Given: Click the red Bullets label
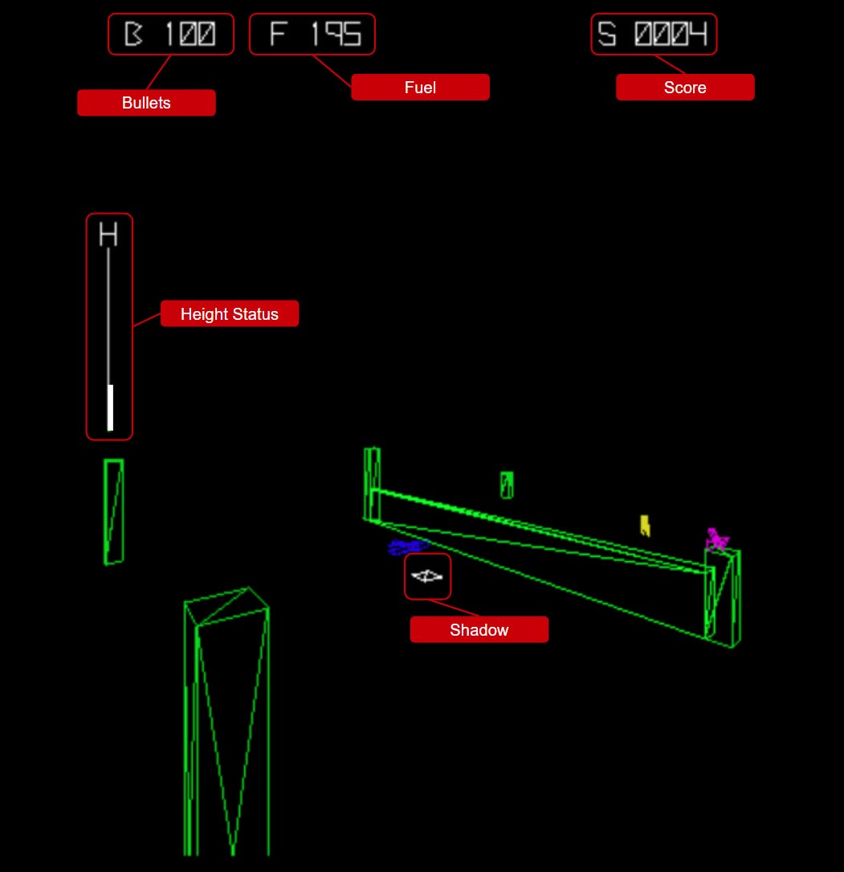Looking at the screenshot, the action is (146, 103).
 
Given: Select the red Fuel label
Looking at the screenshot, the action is (420, 88).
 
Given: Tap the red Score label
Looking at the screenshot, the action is (685, 88).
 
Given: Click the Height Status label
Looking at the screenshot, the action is (229, 314).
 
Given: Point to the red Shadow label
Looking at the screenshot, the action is (479, 630).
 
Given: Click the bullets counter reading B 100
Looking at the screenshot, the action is (170, 35).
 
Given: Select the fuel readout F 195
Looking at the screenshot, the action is (312, 35).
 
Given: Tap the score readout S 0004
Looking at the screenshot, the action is (654, 35).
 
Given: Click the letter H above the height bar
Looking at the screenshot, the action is (108, 235).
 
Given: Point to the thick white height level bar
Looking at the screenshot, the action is (110, 407).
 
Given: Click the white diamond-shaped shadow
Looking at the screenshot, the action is (426, 575).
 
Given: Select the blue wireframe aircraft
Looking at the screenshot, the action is (407, 547).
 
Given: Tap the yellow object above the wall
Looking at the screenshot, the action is (644, 526).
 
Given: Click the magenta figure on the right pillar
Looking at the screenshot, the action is (716, 539).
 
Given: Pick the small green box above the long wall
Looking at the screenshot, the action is (507, 485).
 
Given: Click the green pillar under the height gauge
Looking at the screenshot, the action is (113, 511).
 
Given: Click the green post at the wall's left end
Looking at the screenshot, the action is (372, 482).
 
